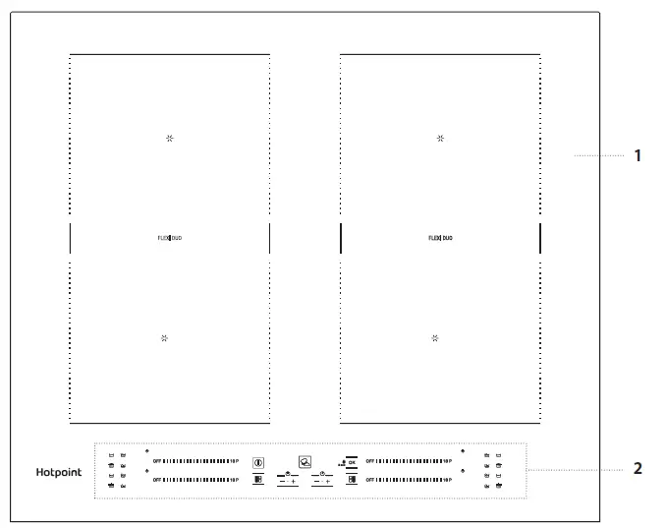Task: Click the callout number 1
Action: click(638, 155)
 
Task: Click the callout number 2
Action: click(638, 468)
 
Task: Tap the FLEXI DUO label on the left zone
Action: click(169, 238)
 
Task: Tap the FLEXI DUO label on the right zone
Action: click(440, 238)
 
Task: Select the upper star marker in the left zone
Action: click(169, 139)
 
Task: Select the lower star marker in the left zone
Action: click(164, 337)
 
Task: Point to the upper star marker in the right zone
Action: click(440, 139)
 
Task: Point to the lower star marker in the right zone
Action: click(435, 337)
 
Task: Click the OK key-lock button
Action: click(351, 460)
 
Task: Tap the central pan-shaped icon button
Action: click(305, 460)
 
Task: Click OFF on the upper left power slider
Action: click(156, 460)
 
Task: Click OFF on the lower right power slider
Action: click(370, 480)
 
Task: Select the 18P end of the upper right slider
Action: click(447, 460)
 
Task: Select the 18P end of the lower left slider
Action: click(234, 480)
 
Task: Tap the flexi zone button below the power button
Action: click(258, 480)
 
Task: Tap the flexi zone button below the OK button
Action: click(351, 480)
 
